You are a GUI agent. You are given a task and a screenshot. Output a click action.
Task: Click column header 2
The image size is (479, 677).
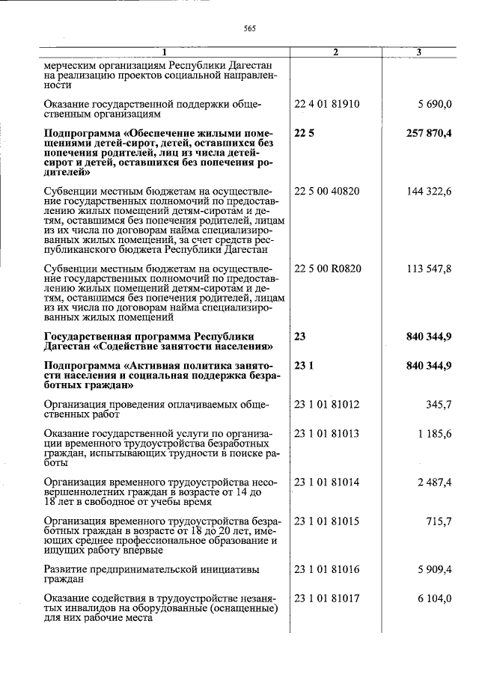[x=335, y=52]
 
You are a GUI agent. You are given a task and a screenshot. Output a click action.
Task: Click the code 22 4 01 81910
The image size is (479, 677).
[x=327, y=104]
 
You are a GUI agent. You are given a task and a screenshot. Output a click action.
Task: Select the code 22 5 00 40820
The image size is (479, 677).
[x=327, y=191]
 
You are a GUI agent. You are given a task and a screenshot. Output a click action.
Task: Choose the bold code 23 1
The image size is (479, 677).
[x=303, y=365]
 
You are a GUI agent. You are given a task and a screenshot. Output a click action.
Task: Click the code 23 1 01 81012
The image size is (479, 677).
[x=327, y=405]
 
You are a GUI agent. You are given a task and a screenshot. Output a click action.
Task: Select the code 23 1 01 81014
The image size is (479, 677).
[x=327, y=483]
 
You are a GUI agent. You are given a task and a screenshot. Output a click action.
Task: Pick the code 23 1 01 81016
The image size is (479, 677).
[x=327, y=570]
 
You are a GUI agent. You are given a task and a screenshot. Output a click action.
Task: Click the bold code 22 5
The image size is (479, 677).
[x=303, y=133]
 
